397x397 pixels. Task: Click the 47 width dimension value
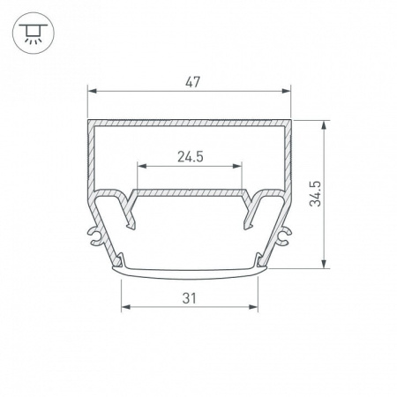pyautogui.click(x=192, y=82)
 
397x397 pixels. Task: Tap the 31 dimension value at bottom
pyautogui.click(x=189, y=298)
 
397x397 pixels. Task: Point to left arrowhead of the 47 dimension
pyautogui.click(x=92, y=91)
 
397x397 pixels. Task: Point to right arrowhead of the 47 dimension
pyautogui.click(x=287, y=91)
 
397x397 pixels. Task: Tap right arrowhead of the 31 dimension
pyautogui.click(x=255, y=307)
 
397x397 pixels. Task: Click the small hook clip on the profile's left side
pyautogui.click(x=96, y=233)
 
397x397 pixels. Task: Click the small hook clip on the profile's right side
pyautogui.click(x=283, y=233)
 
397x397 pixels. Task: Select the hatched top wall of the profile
pyautogui.click(x=190, y=122)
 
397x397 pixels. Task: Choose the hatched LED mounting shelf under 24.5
pyautogui.click(x=189, y=191)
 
